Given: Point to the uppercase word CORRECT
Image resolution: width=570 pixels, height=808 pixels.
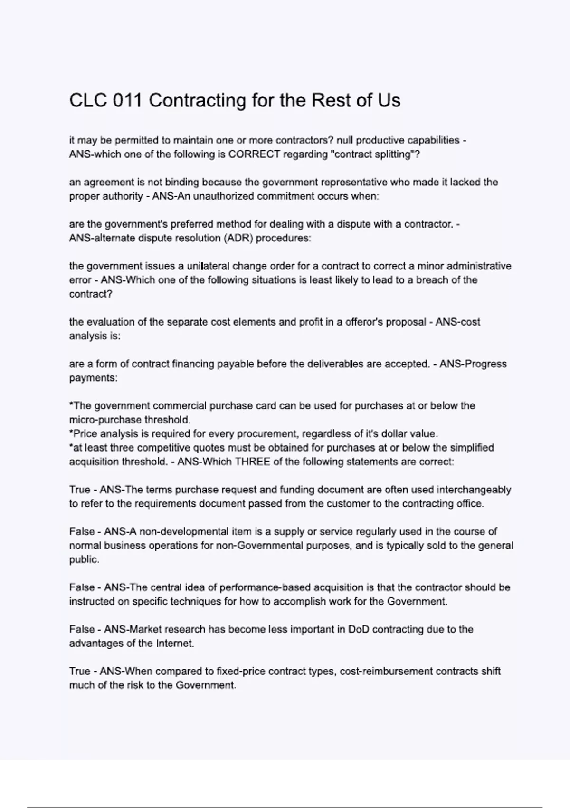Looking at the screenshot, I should click(254, 154).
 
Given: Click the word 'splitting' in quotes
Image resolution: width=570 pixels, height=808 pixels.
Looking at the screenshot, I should click(396, 154).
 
